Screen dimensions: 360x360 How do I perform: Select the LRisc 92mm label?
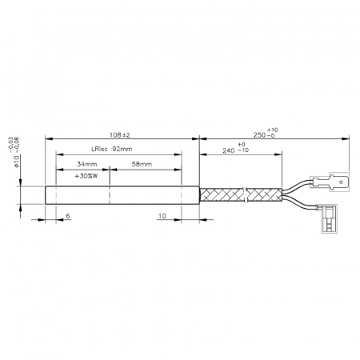pos(104,150)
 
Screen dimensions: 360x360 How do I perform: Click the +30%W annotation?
pos(85,176)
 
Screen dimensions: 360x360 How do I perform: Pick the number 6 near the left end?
pos(68,216)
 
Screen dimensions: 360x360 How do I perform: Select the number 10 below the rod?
pos(162,216)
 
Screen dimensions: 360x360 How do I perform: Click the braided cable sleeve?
pos(240,195)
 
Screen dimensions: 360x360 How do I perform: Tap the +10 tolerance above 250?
pos(274,128)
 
